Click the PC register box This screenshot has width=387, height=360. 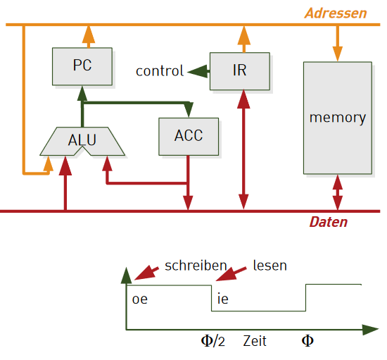click(82, 66)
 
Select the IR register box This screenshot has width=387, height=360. click(240, 71)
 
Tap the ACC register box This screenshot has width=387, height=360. click(189, 137)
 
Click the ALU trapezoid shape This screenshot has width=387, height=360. click(82, 142)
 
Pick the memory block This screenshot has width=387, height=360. click(338, 118)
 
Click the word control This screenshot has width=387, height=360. click(160, 71)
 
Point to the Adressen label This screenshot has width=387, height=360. click(336, 13)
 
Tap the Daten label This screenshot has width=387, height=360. click(329, 222)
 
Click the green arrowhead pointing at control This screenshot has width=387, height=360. click(197, 72)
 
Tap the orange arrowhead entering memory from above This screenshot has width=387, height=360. click(337, 54)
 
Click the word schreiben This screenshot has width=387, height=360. click(196, 266)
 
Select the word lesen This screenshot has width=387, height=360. click(270, 266)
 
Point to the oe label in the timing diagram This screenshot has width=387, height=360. click(140, 299)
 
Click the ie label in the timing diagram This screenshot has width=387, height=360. click(222, 299)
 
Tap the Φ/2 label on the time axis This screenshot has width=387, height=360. click(213, 341)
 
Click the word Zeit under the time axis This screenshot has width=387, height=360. click(255, 341)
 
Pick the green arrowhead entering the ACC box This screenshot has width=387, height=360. click(189, 109)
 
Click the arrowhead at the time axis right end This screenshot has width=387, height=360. click(370, 330)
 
